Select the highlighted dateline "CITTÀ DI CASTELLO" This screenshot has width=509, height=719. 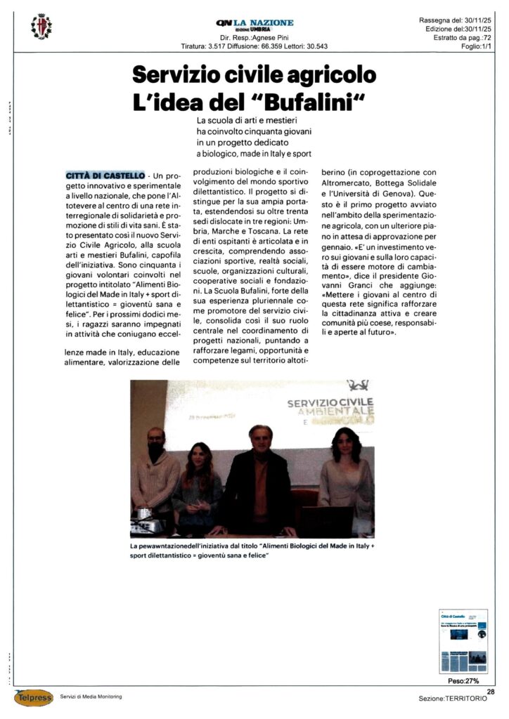105,173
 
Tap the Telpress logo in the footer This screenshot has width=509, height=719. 33,698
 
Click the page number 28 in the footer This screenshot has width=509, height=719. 490,692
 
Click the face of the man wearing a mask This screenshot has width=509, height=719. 156,444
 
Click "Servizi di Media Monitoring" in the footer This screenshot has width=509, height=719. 91,697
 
